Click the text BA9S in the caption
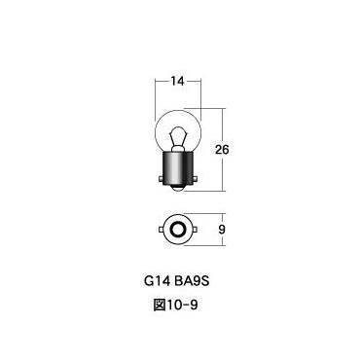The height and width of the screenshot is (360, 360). click(x=194, y=289)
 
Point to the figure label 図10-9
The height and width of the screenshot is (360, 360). click(x=179, y=314)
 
